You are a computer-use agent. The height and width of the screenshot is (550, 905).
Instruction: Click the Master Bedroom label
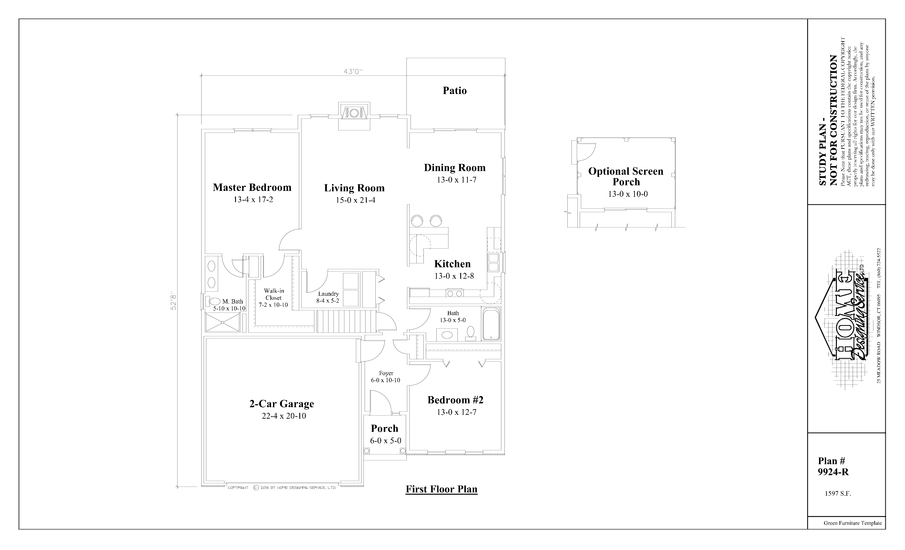click(x=252, y=187)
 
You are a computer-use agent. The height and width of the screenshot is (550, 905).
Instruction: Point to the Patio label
click(x=455, y=90)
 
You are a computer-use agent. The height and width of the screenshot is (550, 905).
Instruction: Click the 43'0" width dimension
click(x=353, y=72)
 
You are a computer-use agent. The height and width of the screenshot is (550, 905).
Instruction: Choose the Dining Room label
click(x=455, y=168)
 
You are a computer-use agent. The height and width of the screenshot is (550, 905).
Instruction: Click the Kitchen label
click(x=452, y=264)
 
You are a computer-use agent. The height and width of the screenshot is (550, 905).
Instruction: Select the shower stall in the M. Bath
click(x=223, y=322)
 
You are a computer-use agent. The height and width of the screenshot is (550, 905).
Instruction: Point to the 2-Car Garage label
click(x=282, y=404)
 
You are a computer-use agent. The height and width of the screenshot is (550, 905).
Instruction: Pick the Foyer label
click(x=386, y=373)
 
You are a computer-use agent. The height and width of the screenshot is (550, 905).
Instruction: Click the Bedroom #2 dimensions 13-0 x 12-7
click(x=456, y=412)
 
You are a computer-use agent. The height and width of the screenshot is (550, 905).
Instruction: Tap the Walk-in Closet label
click(x=274, y=294)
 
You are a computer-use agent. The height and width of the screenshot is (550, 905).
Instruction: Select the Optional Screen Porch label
click(x=626, y=176)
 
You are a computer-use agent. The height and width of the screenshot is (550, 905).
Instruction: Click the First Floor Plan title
click(x=442, y=489)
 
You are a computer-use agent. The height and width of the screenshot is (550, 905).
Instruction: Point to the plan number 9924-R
click(x=833, y=472)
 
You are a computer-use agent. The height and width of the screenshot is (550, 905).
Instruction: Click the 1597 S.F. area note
click(x=838, y=494)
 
